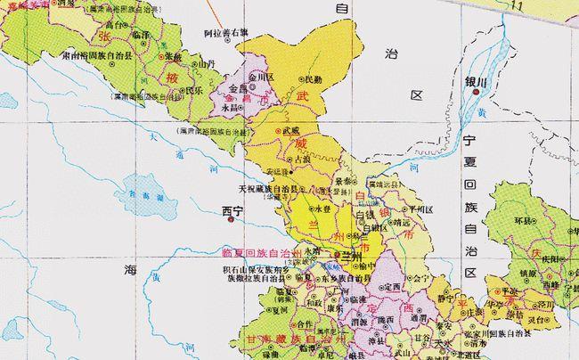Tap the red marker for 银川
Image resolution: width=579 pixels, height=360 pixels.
(478, 91)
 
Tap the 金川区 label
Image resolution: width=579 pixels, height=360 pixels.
(265, 78)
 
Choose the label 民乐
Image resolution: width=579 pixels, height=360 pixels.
(192, 89)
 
